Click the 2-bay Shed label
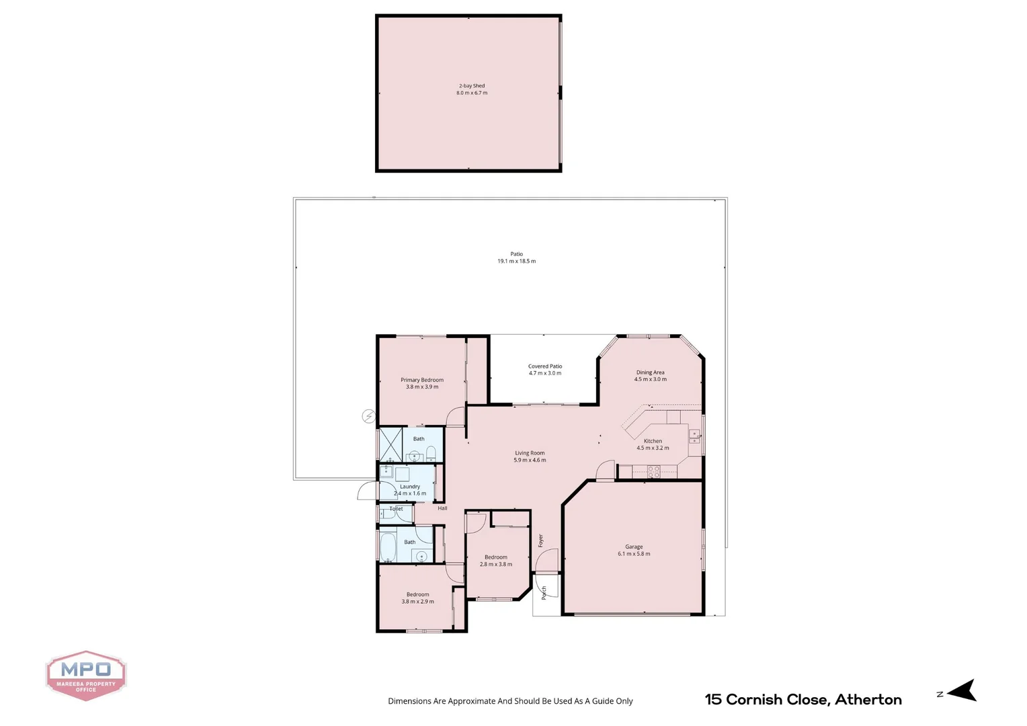[472, 86]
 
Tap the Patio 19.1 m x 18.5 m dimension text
[516, 261]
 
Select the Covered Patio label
[545, 366]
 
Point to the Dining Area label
[650, 372]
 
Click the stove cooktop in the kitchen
[653, 472]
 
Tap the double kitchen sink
[694, 438]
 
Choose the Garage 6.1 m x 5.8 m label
[634, 551]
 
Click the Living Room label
[530, 453]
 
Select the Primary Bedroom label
[422, 380]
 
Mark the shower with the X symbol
[391, 444]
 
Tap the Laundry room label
[410, 487]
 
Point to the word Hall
[442, 508]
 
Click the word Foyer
[540, 540]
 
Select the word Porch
[544, 592]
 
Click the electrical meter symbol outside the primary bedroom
[368, 416]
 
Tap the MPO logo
[86, 675]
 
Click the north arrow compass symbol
[961, 690]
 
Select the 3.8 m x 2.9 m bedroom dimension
[417, 602]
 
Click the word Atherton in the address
[868, 700]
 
